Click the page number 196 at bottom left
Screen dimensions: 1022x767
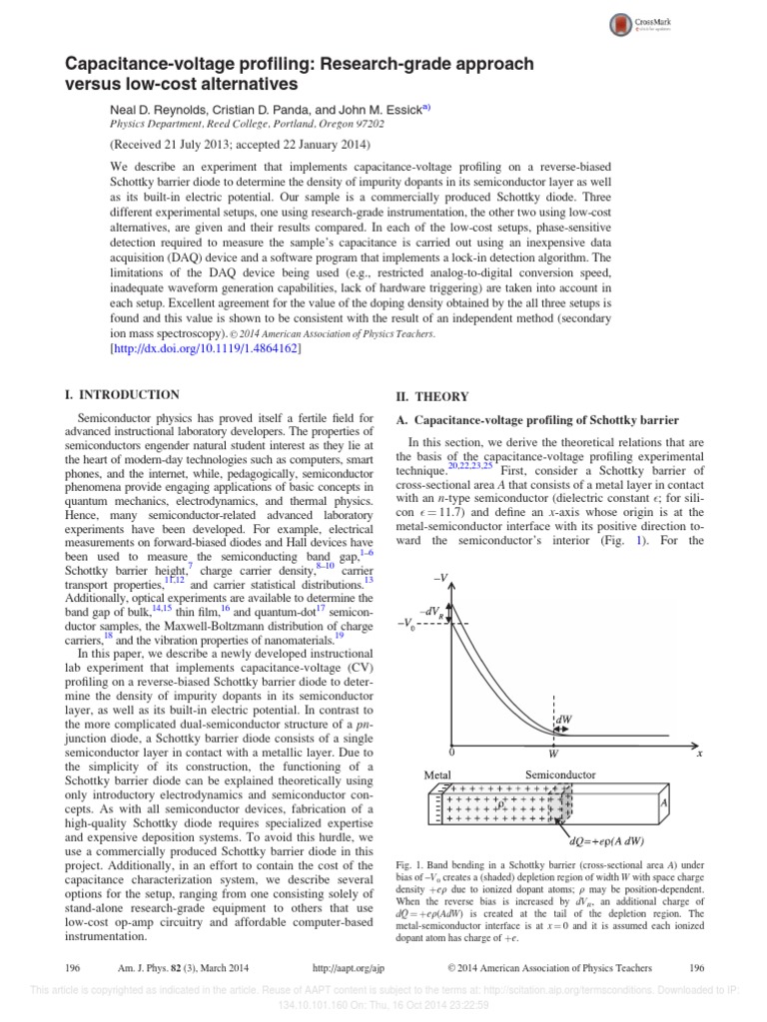pos(72,967)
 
